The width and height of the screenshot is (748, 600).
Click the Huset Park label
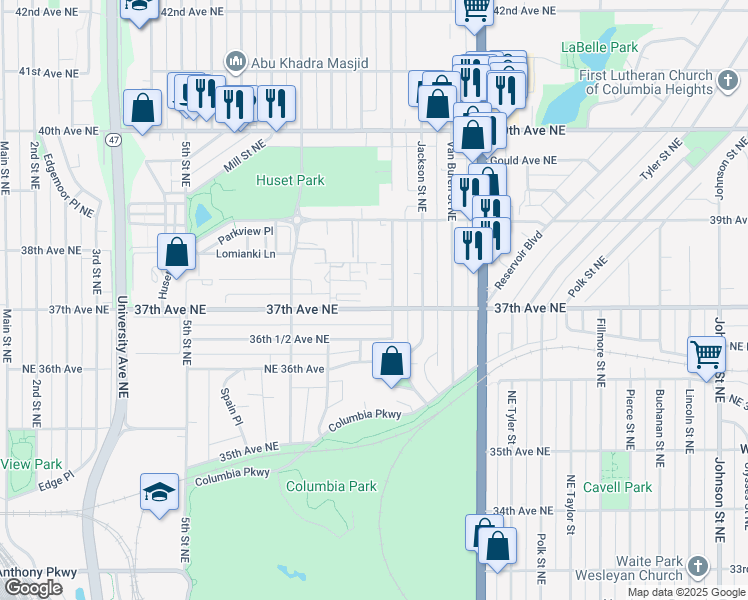pos(290,181)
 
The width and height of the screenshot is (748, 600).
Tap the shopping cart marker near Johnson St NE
pos(706,354)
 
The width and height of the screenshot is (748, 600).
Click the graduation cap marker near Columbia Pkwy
pos(159,492)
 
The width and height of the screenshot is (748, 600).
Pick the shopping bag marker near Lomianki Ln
pos(176,252)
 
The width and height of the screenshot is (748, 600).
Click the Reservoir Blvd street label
pos(517,255)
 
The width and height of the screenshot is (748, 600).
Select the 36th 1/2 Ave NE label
pos(289,339)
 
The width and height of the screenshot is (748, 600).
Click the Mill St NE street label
pos(244,156)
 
